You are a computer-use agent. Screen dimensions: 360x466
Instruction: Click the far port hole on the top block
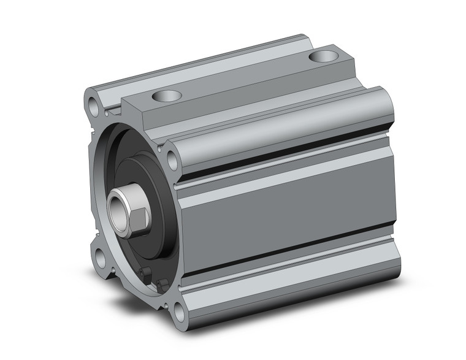tap(323, 57)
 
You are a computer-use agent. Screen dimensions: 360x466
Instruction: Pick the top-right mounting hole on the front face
tap(173, 161)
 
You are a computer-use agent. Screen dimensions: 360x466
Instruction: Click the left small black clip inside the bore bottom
tap(145, 273)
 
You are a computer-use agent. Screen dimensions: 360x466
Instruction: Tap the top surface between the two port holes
tap(245, 77)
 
